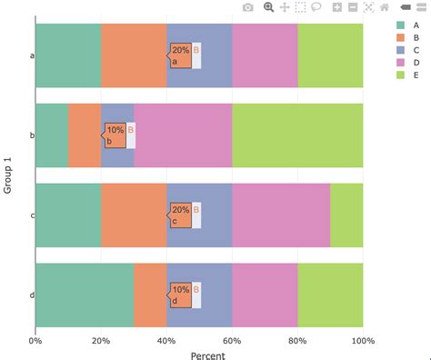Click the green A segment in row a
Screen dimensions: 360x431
(68, 55)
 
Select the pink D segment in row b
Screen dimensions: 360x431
(183, 135)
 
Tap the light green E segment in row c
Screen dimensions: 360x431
(346, 215)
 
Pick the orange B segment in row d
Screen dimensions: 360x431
(150, 295)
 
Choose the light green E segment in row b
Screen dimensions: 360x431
(297, 135)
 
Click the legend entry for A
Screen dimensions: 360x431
(401, 25)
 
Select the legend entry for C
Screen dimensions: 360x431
(401, 50)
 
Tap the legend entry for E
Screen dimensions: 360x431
(401, 75)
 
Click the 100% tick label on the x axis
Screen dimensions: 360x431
(363, 340)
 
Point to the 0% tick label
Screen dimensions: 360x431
(35, 340)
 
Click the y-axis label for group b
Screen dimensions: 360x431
(32, 135)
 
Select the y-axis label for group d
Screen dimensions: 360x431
(32, 295)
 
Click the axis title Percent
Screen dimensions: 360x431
(199, 354)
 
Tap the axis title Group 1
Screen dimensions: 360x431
(9, 175)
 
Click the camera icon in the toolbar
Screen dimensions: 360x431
(248, 7)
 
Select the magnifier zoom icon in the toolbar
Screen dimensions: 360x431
(268, 7)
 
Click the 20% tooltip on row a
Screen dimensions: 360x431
(180, 55)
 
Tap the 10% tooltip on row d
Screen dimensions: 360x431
(180, 295)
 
